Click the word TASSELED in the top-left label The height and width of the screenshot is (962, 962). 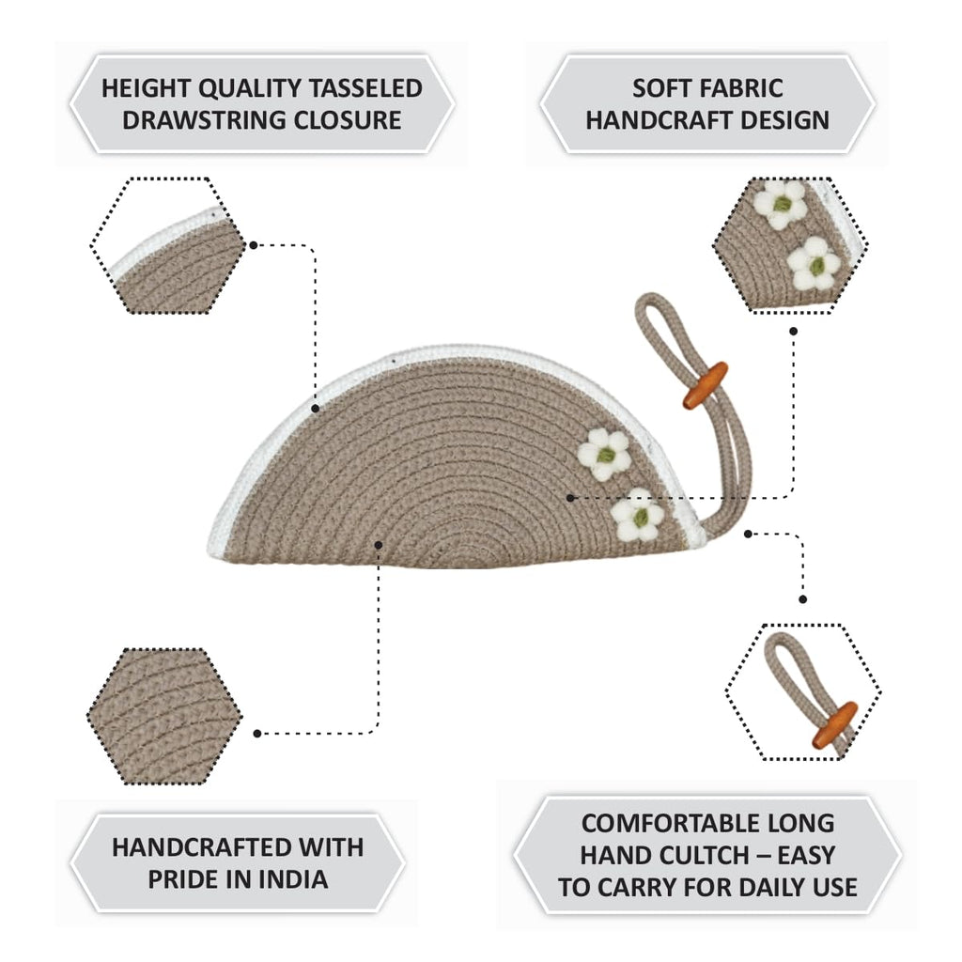tap(365, 88)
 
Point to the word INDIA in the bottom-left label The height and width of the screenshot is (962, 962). tap(293, 879)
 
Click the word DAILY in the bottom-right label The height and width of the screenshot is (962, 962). tap(772, 887)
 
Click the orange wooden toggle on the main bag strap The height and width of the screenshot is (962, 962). tap(706, 385)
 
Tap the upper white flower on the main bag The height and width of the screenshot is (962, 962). tap(604, 455)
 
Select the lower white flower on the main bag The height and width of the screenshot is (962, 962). tap(638, 515)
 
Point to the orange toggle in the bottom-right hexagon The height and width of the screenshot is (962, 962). tap(834, 725)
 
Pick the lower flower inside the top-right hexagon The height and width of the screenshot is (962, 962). tap(815, 264)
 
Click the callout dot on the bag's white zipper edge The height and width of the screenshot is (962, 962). tap(316, 409)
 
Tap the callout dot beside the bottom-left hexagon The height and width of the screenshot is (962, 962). tap(257, 734)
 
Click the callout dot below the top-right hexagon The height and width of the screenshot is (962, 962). tap(793, 332)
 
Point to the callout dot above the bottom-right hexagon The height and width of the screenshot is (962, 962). tap(803, 599)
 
